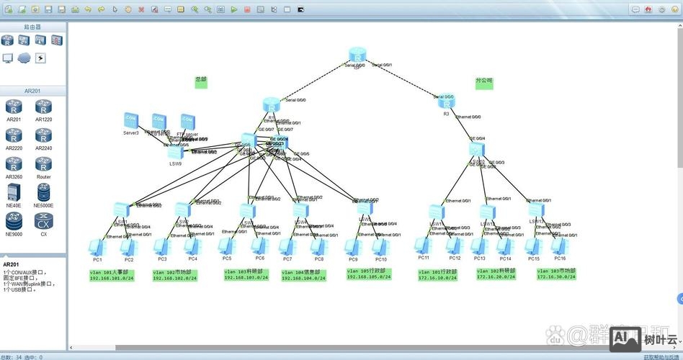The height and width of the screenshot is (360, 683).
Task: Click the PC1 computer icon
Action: (x=95, y=247)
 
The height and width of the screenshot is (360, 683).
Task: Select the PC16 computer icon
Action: (x=559, y=246)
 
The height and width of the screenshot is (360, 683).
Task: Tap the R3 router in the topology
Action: (x=447, y=102)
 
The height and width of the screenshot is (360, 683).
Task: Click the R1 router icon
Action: (x=271, y=105)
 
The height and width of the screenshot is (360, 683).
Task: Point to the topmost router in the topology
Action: (x=358, y=55)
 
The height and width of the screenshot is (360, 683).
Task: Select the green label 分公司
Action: (x=484, y=82)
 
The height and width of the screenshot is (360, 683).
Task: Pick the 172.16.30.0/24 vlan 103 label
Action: (x=556, y=274)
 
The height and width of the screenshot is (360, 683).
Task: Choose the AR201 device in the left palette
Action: (x=14, y=109)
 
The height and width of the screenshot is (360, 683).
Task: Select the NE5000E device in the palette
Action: (x=43, y=193)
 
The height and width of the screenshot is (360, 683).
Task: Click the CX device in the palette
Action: (x=43, y=222)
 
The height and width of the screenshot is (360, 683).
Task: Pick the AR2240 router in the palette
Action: (x=43, y=137)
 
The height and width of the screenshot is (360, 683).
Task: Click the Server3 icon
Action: (x=130, y=120)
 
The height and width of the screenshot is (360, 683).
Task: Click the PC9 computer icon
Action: (x=352, y=247)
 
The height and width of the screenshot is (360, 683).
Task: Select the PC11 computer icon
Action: (x=424, y=246)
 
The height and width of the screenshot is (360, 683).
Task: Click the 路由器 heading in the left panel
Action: (x=32, y=27)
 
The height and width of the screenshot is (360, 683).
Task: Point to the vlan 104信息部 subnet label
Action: (x=303, y=275)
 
